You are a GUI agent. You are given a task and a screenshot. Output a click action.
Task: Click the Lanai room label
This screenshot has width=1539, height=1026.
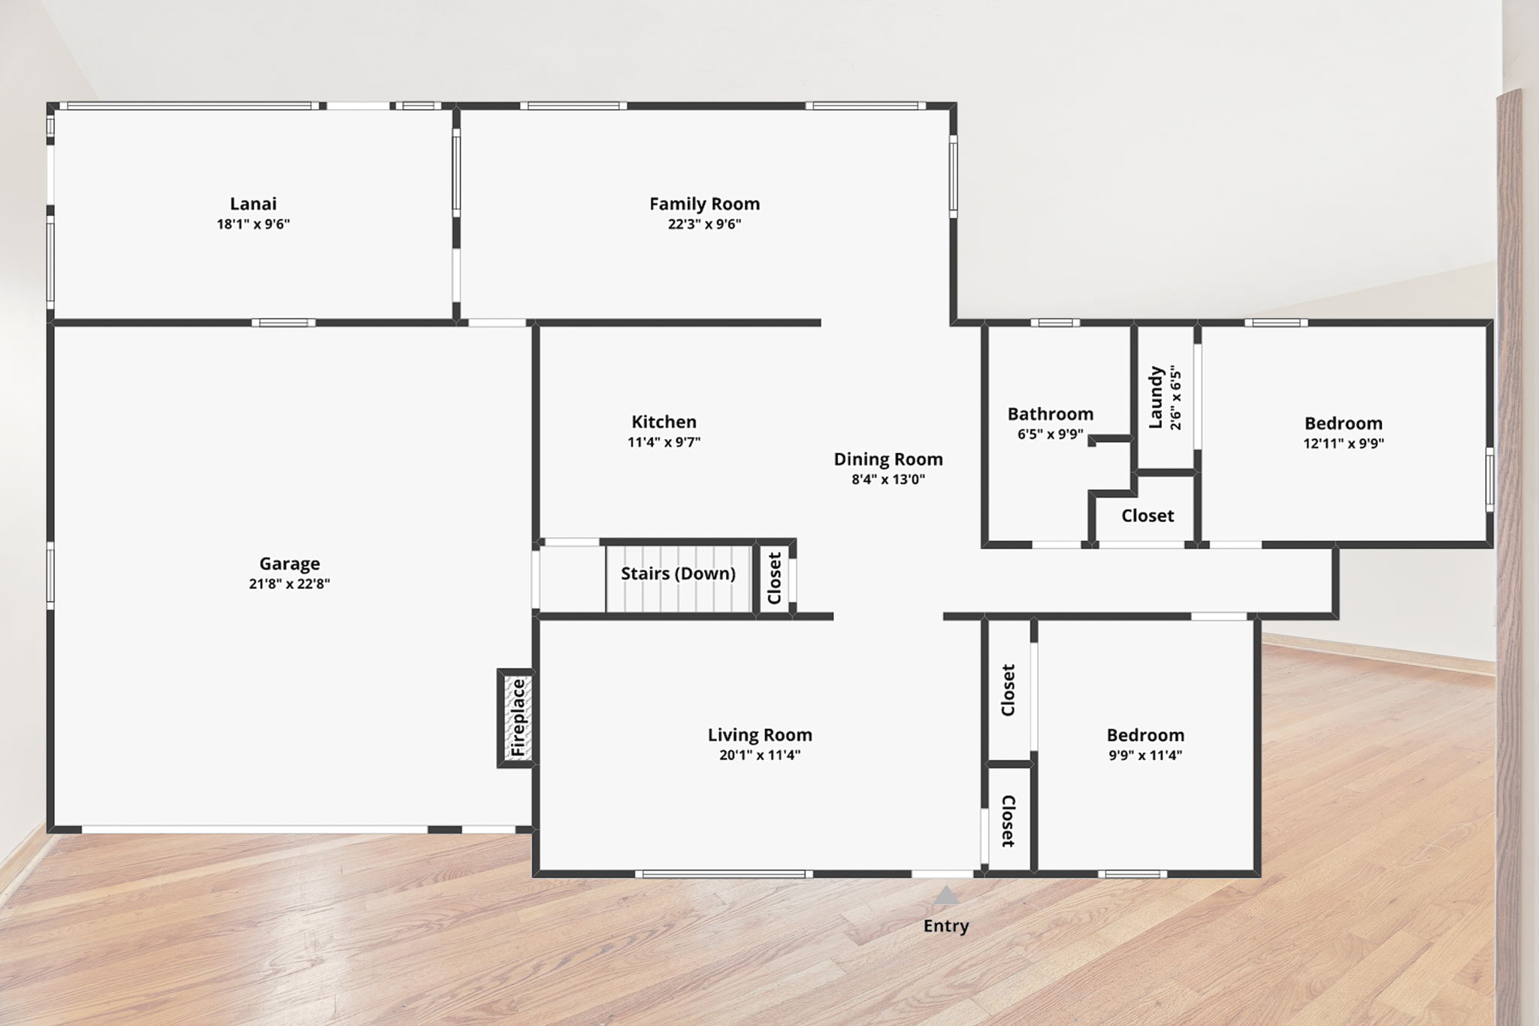point(253,204)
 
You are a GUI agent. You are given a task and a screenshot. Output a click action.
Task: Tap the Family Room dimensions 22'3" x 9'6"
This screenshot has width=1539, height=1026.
point(705,224)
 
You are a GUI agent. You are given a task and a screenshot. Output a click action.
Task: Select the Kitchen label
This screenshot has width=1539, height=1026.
point(664,422)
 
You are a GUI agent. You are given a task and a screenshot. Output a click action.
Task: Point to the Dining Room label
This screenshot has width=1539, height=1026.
point(888,459)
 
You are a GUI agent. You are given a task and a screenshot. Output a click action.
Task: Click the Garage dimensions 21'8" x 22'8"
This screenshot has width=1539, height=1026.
point(289,584)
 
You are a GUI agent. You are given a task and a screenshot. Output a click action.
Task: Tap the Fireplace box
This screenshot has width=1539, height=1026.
point(517,718)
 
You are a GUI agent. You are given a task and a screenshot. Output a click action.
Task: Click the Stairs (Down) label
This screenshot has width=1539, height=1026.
point(678,574)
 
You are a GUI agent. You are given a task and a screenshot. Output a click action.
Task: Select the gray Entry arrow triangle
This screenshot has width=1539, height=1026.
point(946,894)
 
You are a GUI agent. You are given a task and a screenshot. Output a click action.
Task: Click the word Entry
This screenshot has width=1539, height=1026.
point(946,926)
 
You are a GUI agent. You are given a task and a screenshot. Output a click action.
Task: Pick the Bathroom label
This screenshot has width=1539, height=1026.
point(1051,414)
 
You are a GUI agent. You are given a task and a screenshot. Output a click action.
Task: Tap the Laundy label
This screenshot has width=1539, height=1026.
point(1156,398)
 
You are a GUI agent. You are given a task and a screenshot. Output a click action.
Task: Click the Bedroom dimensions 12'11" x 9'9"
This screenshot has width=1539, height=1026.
point(1344,443)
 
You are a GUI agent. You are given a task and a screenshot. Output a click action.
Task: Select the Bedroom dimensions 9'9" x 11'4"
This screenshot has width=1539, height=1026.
point(1145,755)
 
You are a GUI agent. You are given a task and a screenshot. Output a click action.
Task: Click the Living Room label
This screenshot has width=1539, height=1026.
point(760,735)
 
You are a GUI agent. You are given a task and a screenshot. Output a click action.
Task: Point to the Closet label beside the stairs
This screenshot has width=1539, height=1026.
point(775,578)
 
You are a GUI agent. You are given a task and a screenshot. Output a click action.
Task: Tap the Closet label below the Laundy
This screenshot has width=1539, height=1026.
point(1147,516)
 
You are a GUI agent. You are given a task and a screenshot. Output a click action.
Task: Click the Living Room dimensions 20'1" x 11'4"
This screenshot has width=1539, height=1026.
point(760,755)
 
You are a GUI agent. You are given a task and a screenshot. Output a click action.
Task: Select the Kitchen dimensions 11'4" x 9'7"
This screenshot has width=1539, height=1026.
point(664,442)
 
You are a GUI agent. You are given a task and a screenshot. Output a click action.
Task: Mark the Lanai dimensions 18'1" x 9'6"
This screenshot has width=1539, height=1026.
point(253,224)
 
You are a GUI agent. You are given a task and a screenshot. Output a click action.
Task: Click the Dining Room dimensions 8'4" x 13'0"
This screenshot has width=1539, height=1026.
point(888,480)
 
